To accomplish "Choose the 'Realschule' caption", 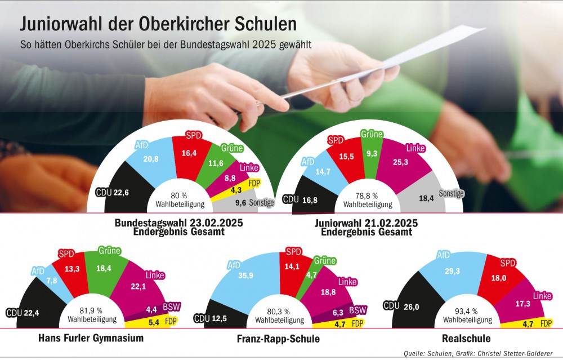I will click(466, 339).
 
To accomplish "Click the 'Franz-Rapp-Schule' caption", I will click(279, 339).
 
